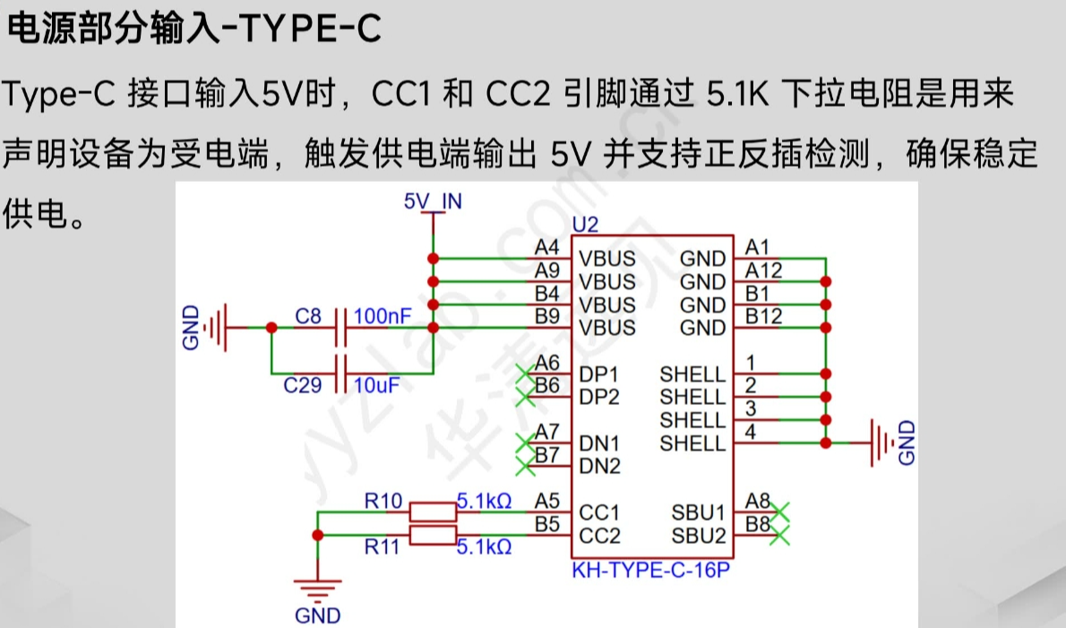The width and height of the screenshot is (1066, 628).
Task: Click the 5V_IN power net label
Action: [433, 201]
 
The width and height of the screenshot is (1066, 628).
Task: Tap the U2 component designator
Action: [584, 225]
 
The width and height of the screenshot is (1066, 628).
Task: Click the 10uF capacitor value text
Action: [376, 385]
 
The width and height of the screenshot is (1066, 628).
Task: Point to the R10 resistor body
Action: [433, 512]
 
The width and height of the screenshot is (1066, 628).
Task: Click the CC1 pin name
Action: [599, 512]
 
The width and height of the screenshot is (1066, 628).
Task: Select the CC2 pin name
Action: [599, 536]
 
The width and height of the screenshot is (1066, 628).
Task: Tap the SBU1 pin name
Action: [698, 512]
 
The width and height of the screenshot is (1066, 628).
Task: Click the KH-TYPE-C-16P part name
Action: [651, 570]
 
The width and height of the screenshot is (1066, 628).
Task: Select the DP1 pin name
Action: [599, 374]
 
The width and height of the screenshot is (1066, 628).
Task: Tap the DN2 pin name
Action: [599, 466]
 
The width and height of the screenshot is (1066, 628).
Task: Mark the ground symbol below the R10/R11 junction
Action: [317, 591]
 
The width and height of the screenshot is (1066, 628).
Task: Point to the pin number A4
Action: [546, 246]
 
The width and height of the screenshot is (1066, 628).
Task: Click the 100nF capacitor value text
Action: [383, 316]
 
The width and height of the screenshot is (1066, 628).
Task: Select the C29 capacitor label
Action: [302, 386]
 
